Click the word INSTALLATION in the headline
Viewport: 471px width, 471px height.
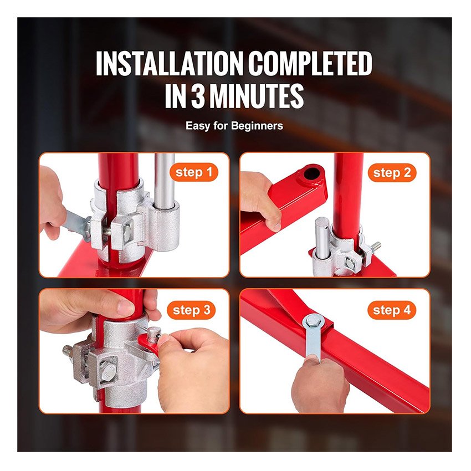pos(169,64)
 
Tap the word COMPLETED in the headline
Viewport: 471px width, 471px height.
pos(310,64)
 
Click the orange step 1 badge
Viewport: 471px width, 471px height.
pos(194,172)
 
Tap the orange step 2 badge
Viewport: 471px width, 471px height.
pos(392,173)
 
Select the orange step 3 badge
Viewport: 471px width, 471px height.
pos(191,310)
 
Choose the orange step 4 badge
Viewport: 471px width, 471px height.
pos(392,310)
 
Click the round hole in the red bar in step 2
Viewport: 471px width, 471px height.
pos(311,173)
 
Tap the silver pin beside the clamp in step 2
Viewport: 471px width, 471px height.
pos(322,237)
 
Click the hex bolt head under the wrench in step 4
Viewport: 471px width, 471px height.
pos(313,322)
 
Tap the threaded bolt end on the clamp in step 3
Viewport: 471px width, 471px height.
pos(68,350)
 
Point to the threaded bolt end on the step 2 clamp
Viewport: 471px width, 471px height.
pos(376,247)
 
